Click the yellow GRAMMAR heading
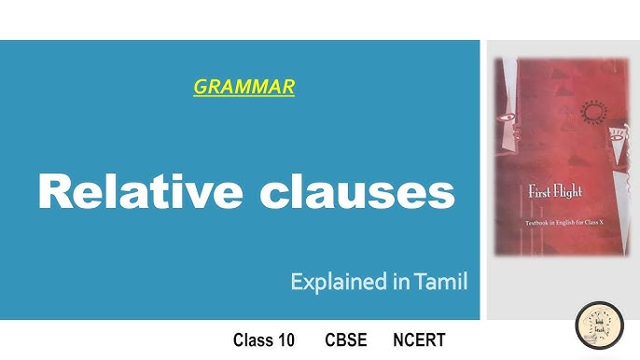pos(243,88)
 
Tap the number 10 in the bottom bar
pos(286,340)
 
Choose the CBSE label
pos(345,340)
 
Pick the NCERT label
pos(418,340)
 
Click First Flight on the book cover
pos(555,193)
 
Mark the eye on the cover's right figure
pos(617,140)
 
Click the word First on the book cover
pos(538,193)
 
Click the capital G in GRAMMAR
pos(199,88)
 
